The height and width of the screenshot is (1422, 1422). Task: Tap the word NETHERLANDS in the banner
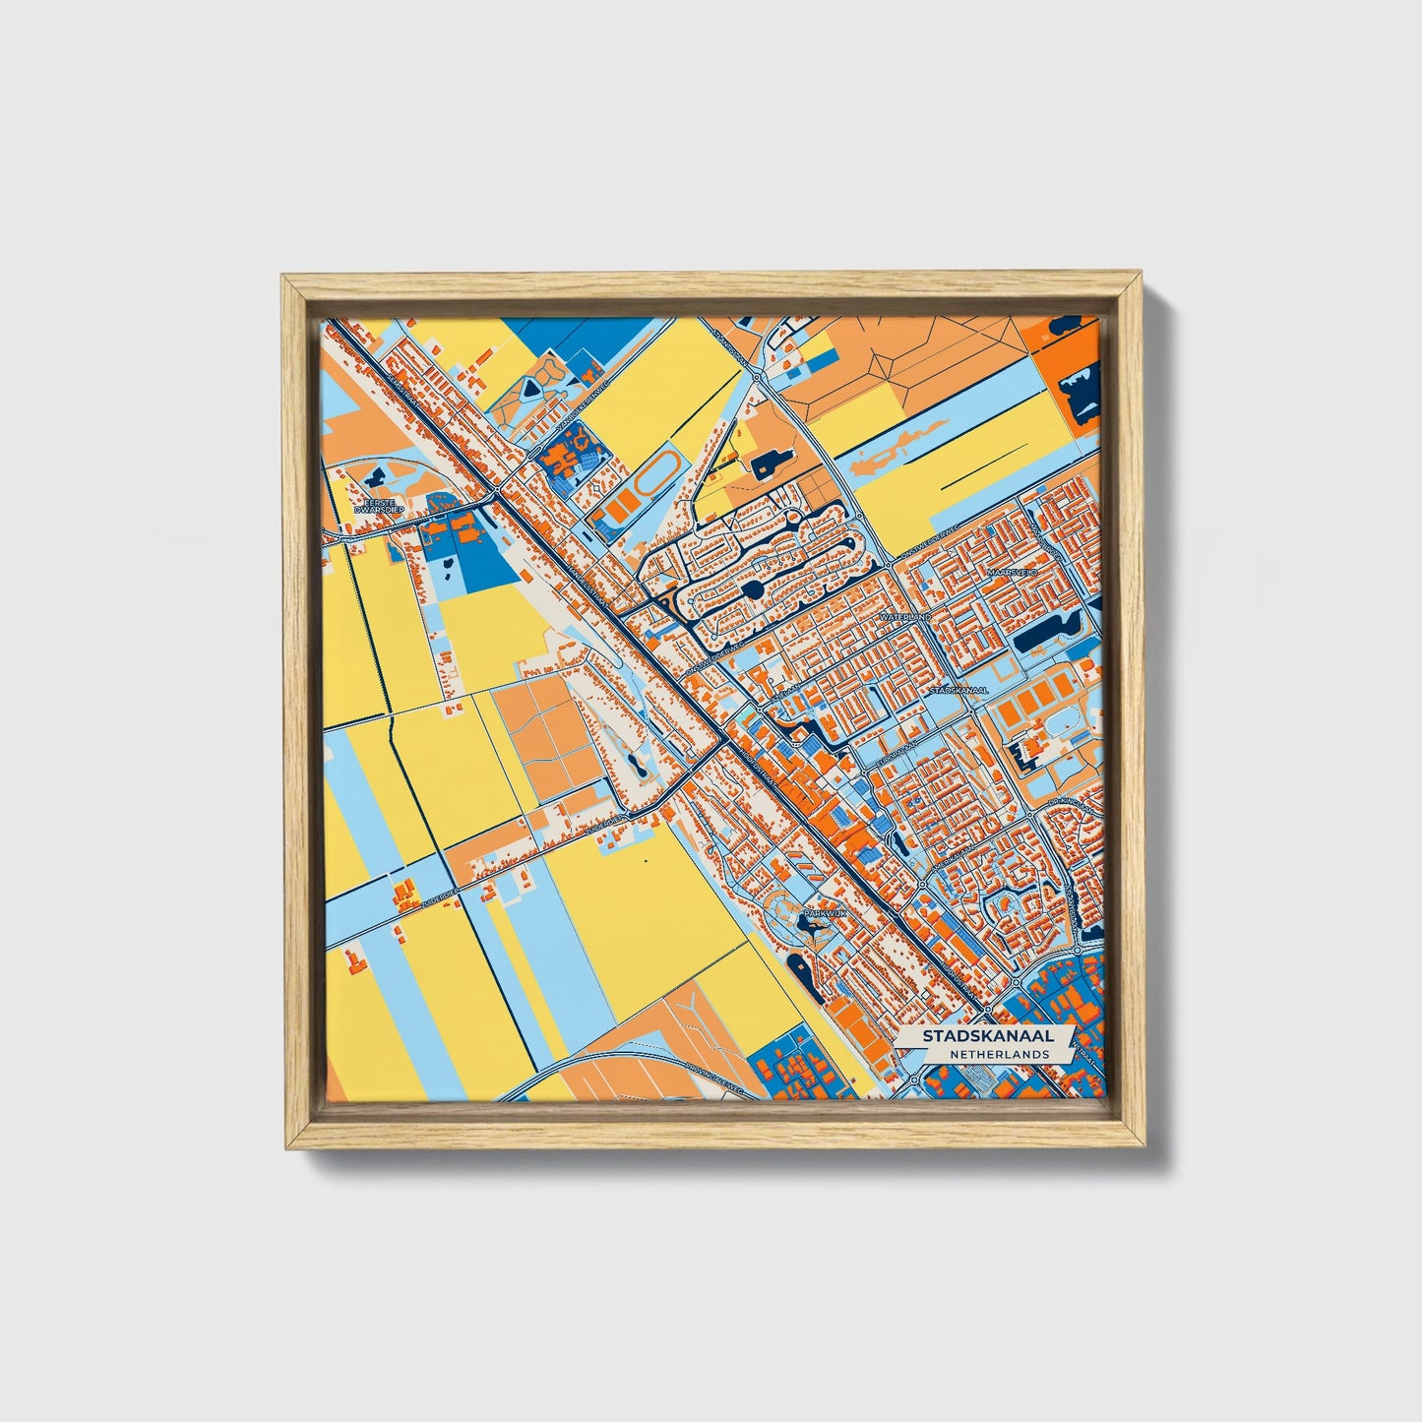(999, 1054)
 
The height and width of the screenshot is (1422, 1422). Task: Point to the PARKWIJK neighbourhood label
(824, 914)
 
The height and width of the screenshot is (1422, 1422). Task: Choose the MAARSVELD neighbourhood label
(1013, 572)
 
